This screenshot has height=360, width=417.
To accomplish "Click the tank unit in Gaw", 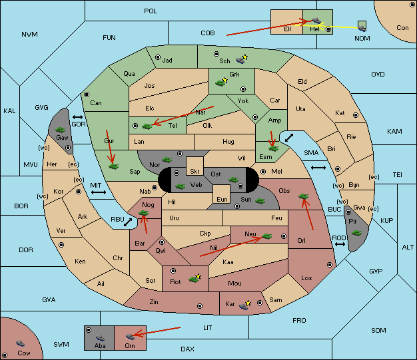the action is coord(61,130).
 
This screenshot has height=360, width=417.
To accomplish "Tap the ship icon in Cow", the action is coord(20,343).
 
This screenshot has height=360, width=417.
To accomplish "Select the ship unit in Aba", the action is coord(101,338).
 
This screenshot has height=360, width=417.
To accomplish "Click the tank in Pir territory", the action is coord(356,233).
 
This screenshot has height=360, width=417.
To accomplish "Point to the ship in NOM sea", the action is coord(362,26).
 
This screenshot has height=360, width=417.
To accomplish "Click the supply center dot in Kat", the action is coord(356,115).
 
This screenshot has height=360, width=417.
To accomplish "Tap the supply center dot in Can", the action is coord(87,94).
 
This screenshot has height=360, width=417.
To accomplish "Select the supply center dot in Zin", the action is coord(200,306).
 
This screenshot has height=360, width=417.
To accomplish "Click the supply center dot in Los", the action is coord(330,265).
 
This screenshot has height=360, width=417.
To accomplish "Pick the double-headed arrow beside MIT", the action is coord(99,192).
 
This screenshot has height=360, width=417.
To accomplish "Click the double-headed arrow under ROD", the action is coord(340,244).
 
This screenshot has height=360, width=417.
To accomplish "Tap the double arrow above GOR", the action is coord(77,117).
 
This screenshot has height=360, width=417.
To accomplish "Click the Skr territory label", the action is coord(195,172).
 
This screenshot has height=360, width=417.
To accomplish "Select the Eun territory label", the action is coord(222,199).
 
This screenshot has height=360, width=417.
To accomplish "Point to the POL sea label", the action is coord(151,11).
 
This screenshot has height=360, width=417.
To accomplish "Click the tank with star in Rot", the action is coord(195,278).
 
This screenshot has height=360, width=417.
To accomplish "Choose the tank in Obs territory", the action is coord(304,196).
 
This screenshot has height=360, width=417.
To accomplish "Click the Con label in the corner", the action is coord(402,28).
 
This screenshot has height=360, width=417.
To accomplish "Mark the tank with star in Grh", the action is coord(222,82).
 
